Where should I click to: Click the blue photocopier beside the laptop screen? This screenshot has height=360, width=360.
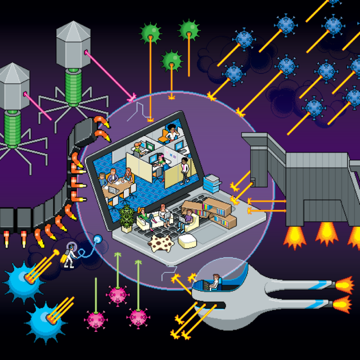[212, 183]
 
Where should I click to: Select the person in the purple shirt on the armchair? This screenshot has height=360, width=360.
[188, 217]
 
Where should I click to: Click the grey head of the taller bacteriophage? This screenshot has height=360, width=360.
[73, 45]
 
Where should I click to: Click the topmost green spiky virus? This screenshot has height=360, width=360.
[189, 29]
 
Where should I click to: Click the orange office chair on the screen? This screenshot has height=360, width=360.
[163, 136]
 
